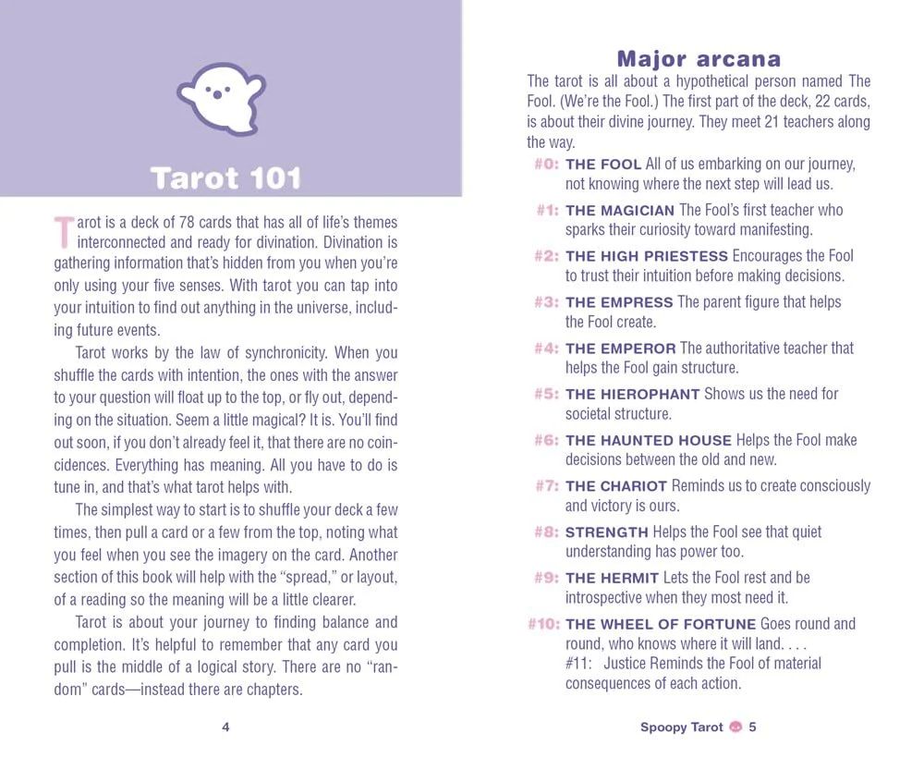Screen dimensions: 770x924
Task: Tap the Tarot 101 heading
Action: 225,177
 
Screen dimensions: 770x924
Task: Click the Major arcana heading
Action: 699,59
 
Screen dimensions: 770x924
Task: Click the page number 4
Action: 225,727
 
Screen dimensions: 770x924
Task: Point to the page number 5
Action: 753,727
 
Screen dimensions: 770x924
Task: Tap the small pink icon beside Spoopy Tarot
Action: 736,727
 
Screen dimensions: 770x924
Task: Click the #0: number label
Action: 547,165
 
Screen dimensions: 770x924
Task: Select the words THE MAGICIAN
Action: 620,211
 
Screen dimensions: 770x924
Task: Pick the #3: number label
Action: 547,302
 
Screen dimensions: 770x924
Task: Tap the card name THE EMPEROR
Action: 621,348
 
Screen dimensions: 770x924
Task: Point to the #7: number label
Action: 547,486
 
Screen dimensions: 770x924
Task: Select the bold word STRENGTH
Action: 606,532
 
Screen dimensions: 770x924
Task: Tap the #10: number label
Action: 543,624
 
